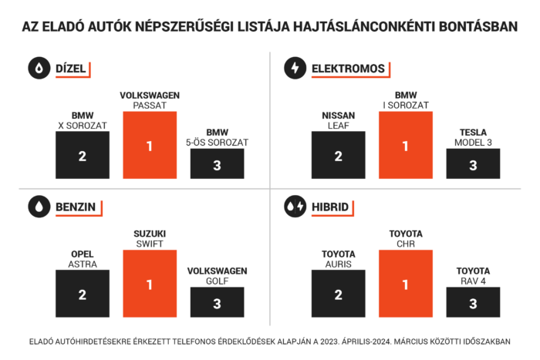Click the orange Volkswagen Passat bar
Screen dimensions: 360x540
point(150,145)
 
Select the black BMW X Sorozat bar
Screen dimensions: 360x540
point(82,155)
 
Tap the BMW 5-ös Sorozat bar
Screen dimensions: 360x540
point(217,163)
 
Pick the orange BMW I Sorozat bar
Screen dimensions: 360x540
point(405,145)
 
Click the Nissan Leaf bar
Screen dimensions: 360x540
point(338,155)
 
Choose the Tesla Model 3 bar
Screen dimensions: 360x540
point(473,163)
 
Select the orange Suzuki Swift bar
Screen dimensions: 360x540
point(150,284)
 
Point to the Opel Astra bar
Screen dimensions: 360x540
point(82,294)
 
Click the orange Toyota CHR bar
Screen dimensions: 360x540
point(405,284)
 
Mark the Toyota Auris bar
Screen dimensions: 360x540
point(338,294)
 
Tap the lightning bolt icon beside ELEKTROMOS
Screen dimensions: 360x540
point(294,69)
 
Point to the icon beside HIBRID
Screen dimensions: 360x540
point(294,207)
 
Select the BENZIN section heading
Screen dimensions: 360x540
point(75,207)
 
